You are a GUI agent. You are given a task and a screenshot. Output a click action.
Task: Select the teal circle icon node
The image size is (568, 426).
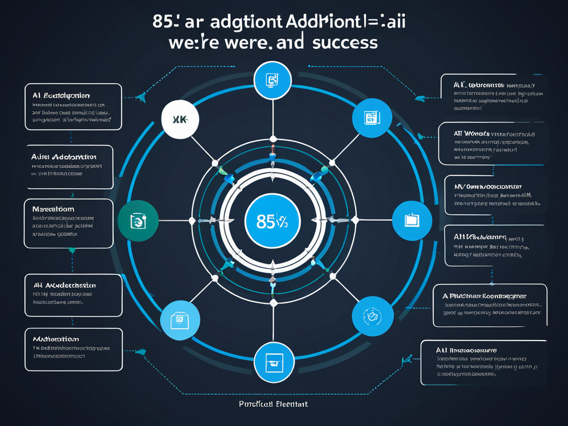coord(138,220)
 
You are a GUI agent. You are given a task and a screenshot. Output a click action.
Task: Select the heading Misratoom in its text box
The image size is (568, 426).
coord(53,210)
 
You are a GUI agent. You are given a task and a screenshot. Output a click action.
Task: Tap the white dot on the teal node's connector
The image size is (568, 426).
coord(191,221)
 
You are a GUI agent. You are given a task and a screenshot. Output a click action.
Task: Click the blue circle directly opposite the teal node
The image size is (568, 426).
coord(411,220)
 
